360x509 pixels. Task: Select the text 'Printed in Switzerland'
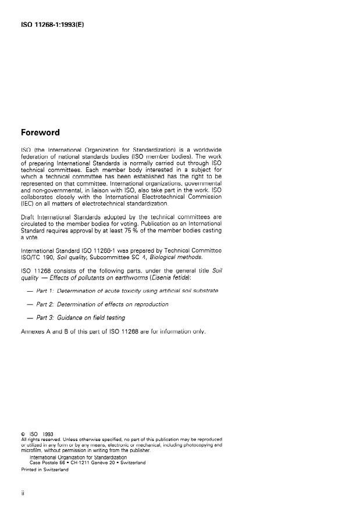(44, 469)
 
